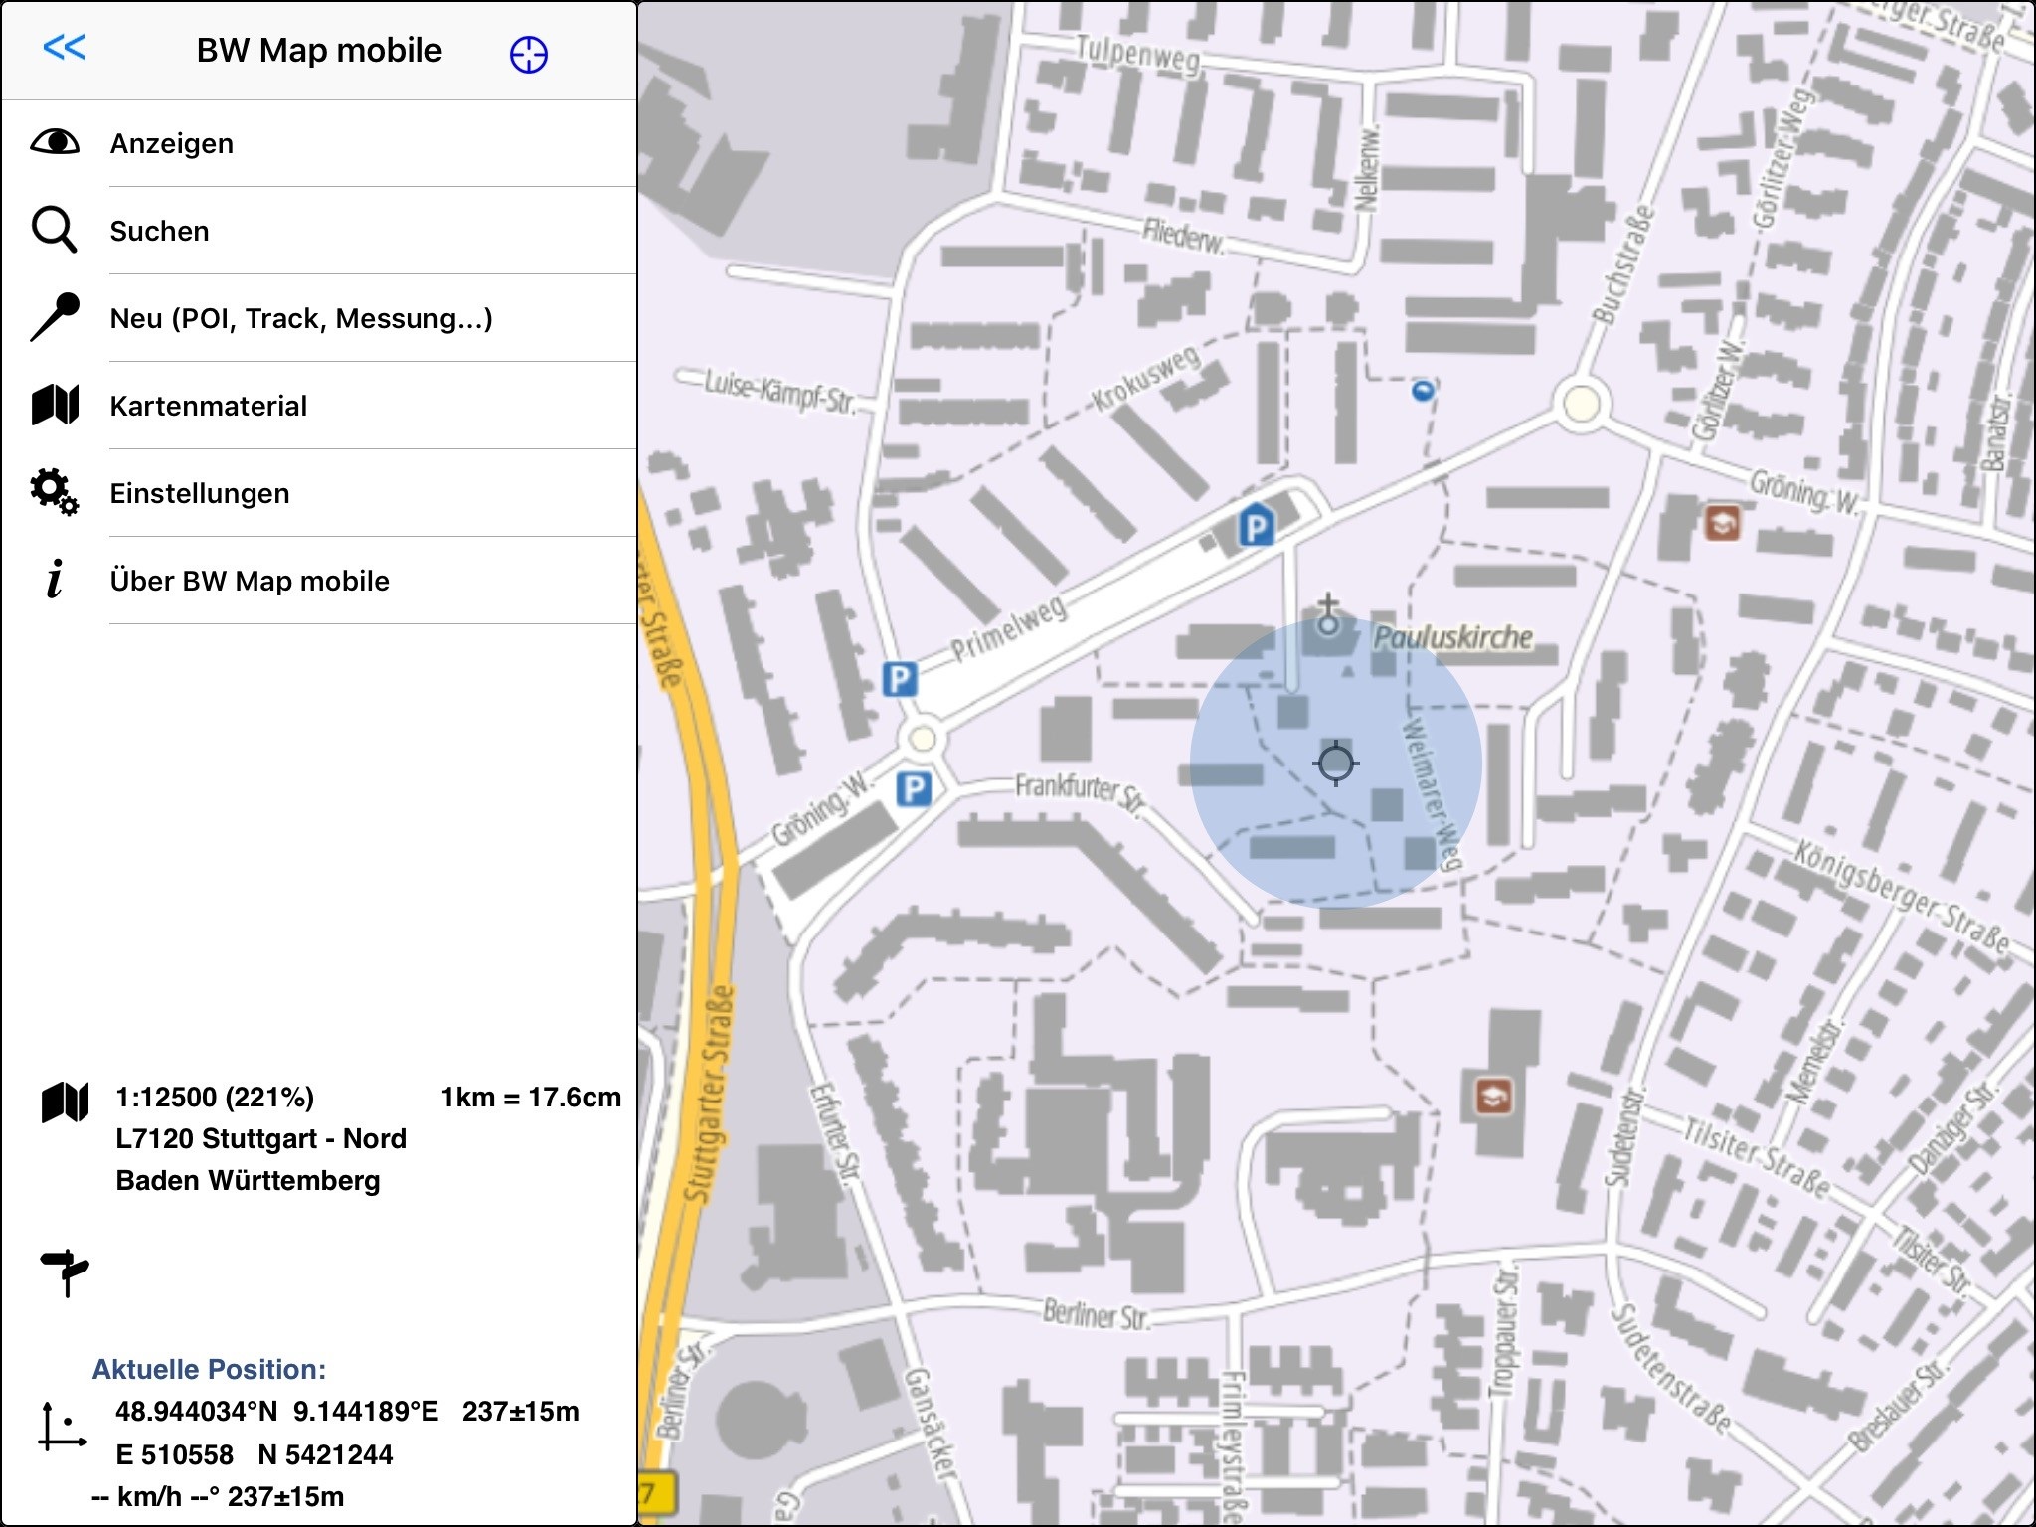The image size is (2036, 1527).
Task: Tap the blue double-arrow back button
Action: (65, 47)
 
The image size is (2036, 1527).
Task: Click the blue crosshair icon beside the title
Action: (528, 54)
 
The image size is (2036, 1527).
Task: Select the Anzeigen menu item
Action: (172, 144)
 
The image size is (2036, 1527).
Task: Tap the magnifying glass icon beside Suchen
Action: (54, 230)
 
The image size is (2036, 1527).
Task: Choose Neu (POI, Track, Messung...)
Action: (301, 319)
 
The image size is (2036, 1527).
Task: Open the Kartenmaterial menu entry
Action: (209, 407)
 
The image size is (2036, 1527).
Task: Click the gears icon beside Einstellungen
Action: (54, 492)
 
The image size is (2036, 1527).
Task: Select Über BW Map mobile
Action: (250, 582)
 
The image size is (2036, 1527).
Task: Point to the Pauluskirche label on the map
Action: (1452, 637)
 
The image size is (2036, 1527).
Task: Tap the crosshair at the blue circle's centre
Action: (1335, 763)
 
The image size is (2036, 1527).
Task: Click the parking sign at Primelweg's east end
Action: (1256, 526)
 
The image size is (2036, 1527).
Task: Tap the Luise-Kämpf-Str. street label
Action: (779, 391)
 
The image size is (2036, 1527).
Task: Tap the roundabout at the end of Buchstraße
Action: (1581, 405)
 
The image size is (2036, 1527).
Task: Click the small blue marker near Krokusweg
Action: (1423, 391)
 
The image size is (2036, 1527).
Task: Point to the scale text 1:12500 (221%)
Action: (215, 1098)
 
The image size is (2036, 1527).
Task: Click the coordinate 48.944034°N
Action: (196, 1412)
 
